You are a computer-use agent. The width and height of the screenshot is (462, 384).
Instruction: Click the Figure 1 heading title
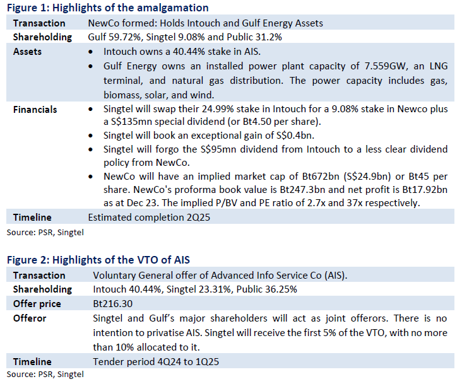pos(107,8)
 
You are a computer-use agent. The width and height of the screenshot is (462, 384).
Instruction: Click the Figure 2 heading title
pos(98,260)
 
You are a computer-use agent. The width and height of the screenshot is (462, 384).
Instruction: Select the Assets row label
pos(27,52)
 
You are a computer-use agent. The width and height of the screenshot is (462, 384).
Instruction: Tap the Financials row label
pos(35,110)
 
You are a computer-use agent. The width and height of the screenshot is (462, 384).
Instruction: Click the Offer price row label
pos(37,304)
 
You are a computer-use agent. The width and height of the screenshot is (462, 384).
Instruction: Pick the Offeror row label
pos(30,318)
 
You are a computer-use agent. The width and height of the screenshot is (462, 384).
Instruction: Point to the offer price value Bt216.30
pos(113,304)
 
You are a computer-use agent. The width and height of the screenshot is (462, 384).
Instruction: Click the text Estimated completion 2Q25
pos(149,218)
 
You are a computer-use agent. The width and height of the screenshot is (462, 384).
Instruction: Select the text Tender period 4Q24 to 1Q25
pos(156,362)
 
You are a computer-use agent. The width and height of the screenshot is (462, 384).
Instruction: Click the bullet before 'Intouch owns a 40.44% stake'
pos(90,52)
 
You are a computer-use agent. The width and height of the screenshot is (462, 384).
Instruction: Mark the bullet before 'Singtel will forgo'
pos(90,150)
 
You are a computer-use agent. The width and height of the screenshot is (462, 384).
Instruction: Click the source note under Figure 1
pos(45,233)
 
